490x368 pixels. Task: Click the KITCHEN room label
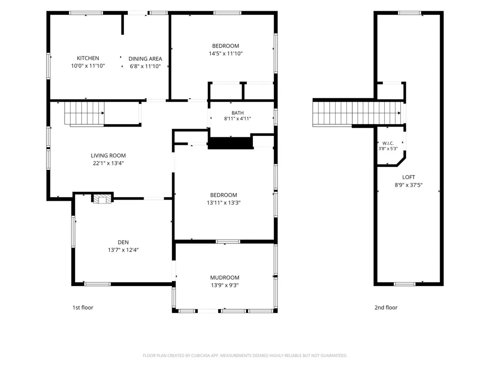88,58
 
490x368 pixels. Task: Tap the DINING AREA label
146,59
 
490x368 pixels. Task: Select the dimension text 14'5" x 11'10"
225,53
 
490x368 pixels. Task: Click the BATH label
238,113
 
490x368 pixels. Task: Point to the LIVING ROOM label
108,156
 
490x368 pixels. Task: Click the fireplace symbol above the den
102,199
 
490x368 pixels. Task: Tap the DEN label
123,242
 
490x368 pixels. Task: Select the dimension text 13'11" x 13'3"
223,203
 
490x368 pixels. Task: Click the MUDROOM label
225,278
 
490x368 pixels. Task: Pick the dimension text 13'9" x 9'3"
225,285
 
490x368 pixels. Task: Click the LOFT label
409,177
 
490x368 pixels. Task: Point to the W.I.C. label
388,143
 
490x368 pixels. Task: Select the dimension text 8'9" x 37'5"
409,185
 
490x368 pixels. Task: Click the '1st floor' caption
83,308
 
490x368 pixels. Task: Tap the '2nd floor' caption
386,308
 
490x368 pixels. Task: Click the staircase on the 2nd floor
357,113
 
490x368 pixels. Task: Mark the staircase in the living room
84,114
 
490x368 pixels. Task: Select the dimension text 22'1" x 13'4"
108,163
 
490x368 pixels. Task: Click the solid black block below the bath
231,143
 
